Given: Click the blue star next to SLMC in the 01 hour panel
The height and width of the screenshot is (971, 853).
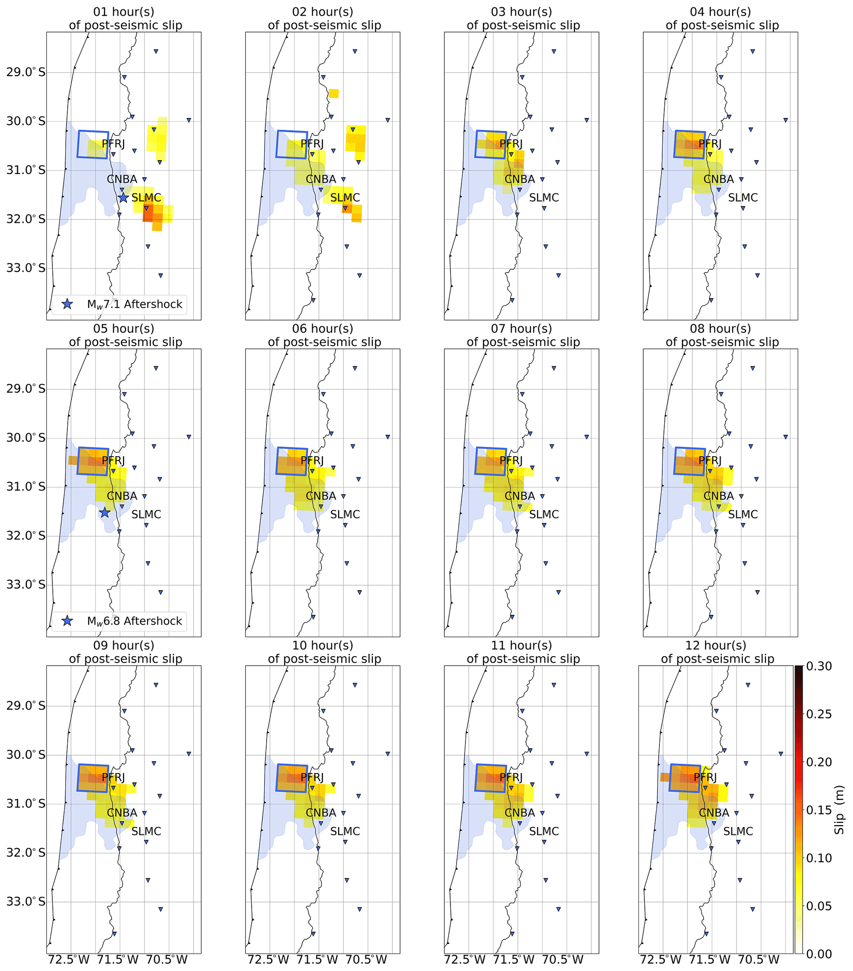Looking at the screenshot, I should pos(123,198).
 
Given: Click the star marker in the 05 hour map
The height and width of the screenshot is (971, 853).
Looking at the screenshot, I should pos(104,513).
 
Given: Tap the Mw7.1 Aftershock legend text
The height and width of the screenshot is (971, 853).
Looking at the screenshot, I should pos(135,304).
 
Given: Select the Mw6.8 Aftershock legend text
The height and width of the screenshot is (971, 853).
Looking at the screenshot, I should pos(135,621).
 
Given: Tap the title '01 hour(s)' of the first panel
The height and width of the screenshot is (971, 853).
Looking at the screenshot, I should pos(123,12).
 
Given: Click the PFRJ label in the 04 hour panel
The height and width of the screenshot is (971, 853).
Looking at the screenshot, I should pos(710,144).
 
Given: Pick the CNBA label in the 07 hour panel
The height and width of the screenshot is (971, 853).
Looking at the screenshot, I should pos(520,496).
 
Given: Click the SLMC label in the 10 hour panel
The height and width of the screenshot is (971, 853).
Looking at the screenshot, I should pos(345,831).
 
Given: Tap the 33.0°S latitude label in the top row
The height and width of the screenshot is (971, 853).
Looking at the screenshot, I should pos(26,268).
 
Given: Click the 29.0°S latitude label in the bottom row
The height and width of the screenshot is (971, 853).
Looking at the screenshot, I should pos(26,706).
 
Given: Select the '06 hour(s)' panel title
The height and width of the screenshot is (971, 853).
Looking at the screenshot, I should pos(323,329).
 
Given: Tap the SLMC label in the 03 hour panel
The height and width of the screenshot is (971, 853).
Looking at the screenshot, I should pos(544,198).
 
